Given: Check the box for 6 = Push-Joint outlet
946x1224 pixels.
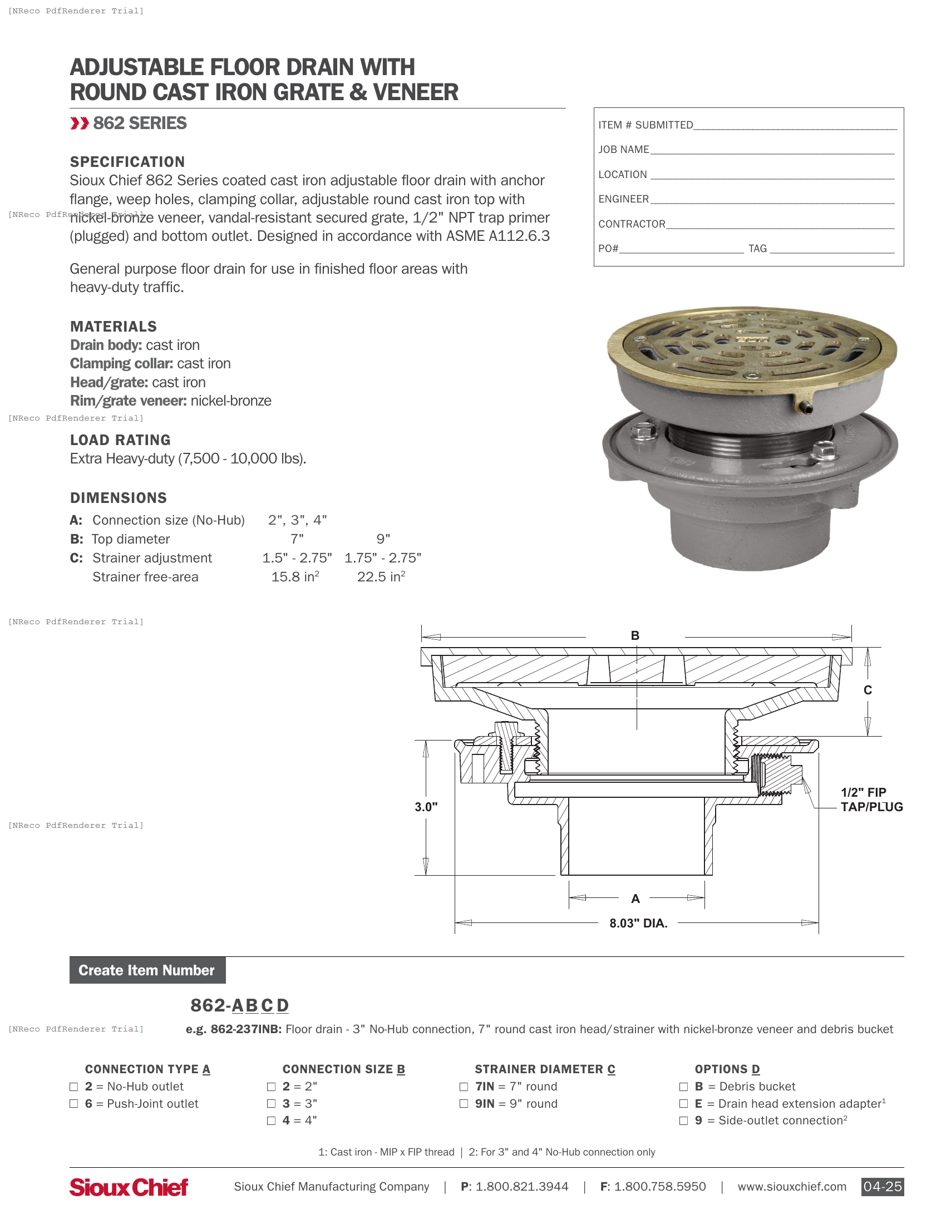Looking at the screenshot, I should [x=73, y=1103].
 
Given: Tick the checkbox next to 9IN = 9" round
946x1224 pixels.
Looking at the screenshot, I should [x=464, y=1103].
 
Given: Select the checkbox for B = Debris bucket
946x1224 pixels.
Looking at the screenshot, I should [x=683, y=1087].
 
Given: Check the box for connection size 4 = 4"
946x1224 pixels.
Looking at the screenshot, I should [x=271, y=1121].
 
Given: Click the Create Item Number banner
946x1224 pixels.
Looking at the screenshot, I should [x=147, y=970].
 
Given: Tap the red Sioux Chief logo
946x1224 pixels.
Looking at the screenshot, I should [x=129, y=1187].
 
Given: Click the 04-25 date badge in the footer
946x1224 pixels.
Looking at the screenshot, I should [x=882, y=1187].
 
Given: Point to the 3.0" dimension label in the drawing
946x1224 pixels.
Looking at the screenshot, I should [x=426, y=807].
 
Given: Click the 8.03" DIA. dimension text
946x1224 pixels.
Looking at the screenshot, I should [x=638, y=923].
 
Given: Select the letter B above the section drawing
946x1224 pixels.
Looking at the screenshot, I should [x=635, y=635].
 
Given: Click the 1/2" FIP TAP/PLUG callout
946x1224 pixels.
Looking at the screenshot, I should [x=871, y=799].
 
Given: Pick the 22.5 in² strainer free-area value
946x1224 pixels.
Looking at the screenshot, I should [x=381, y=577].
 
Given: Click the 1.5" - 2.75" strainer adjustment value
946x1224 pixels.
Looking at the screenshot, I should [x=297, y=558].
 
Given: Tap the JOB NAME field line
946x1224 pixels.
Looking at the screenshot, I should [x=772, y=150].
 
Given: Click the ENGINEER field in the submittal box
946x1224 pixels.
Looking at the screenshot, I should [x=772, y=200].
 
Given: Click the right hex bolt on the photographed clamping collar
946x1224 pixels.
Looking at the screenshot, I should [x=824, y=449].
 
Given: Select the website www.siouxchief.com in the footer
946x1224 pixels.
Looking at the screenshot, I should [x=791, y=1187].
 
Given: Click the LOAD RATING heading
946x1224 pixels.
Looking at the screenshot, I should [x=120, y=440].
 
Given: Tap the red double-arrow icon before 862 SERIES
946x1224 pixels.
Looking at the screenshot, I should [x=80, y=124].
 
